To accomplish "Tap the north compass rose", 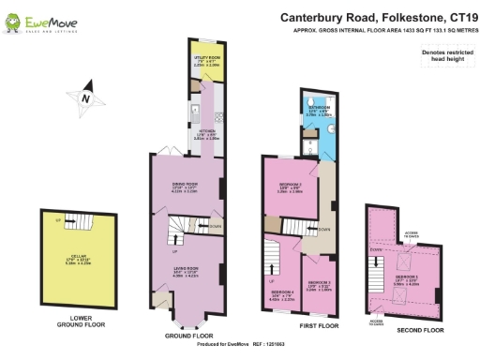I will (85, 97).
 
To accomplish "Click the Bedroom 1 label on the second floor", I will (406, 279).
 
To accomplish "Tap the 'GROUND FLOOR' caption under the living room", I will (190, 335).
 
